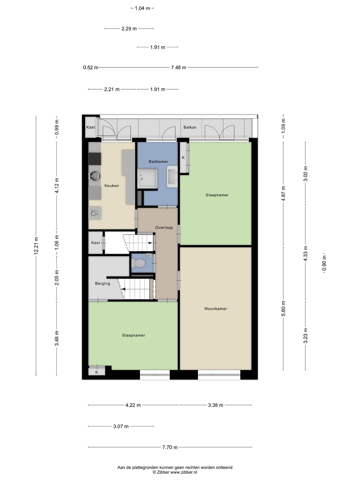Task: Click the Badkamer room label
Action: pos(158,162)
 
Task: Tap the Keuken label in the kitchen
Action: pos(111,186)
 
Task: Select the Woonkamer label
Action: pos(216,309)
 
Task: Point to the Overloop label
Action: pos(164,228)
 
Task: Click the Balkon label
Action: pos(190,127)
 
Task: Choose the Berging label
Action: pos(103,283)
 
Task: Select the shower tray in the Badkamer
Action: pos(148,178)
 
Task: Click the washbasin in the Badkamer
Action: pos(173,177)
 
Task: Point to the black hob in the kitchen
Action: pos(95,159)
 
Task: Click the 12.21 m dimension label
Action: pos(36,245)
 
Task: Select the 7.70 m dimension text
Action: pos(170,447)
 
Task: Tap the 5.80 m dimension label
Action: pos(283,308)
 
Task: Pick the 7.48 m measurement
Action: pos(178,68)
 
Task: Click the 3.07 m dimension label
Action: pos(121,426)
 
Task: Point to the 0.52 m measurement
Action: pos(91,68)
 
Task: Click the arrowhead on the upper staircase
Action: pos(150,243)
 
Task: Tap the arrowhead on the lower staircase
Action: pos(123,289)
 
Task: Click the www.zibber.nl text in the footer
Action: pos(184,472)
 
